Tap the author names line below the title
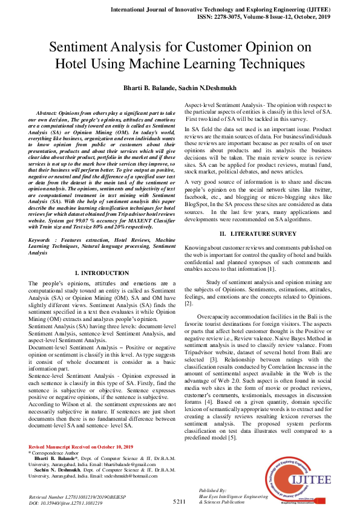pyautogui.click(x=180, y=88)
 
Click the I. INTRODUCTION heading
pyautogui.click(x=102, y=273)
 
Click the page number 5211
pyautogui.click(x=179, y=502)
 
